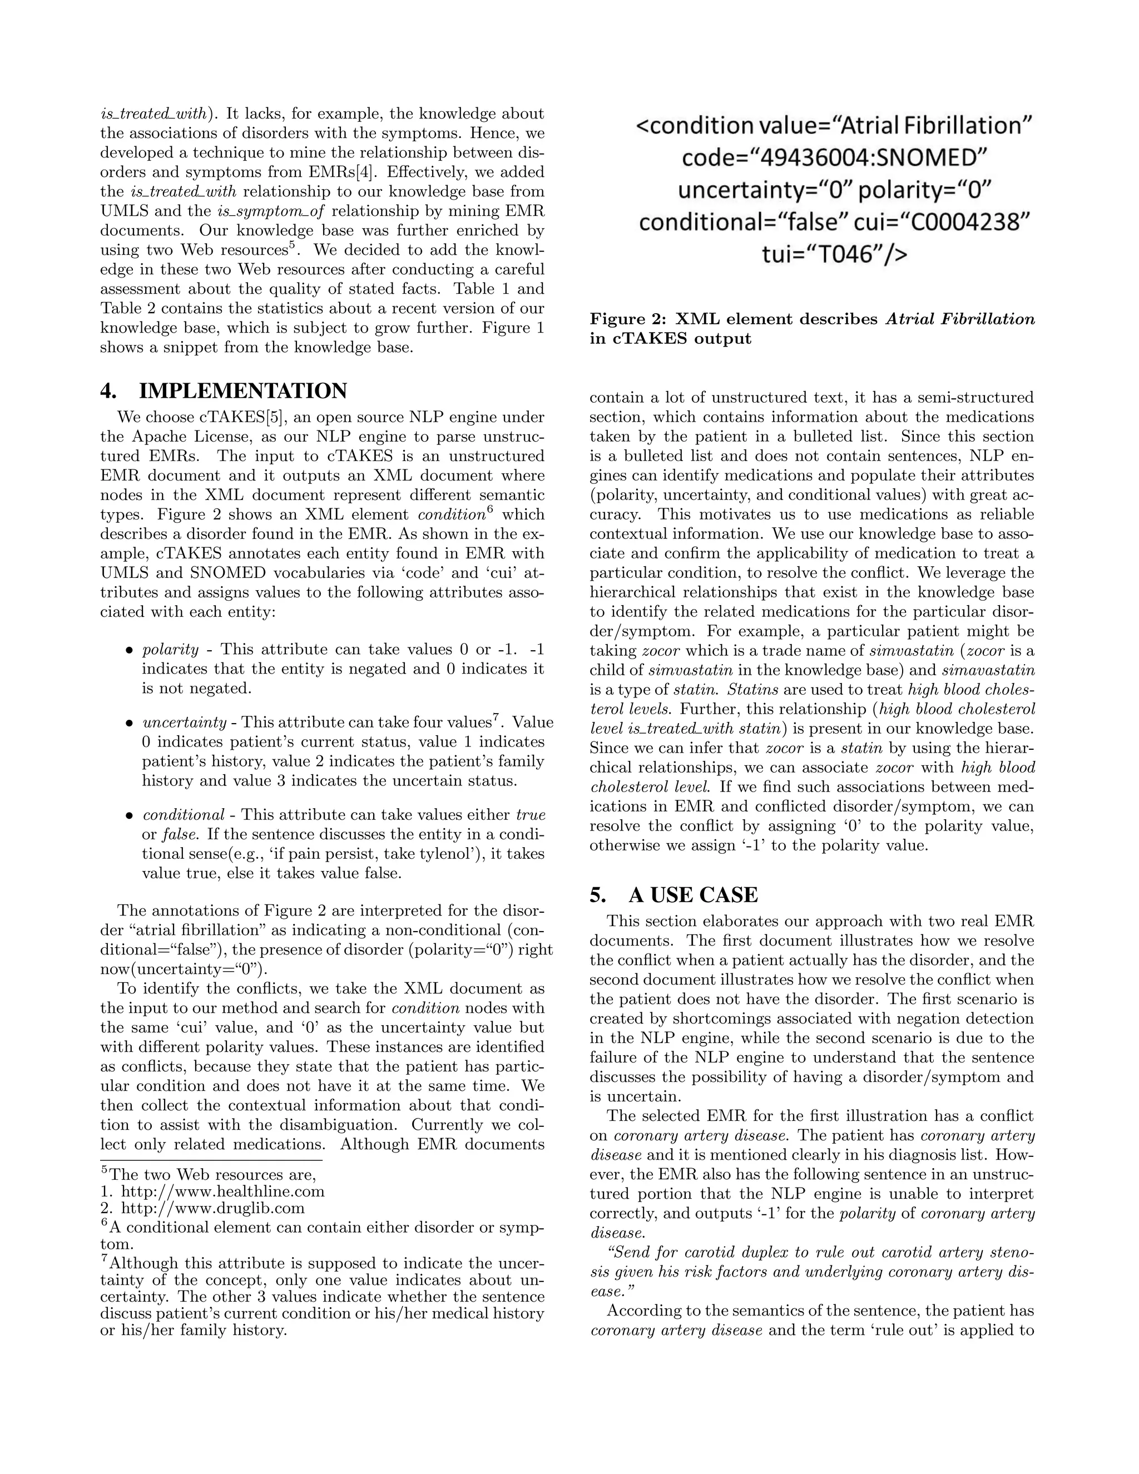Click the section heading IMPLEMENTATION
pos(242,391)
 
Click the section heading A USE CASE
pos(693,895)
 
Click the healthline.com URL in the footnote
pos(222,1210)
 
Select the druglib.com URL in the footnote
pos(212,1227)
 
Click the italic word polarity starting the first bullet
pos(171,650)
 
